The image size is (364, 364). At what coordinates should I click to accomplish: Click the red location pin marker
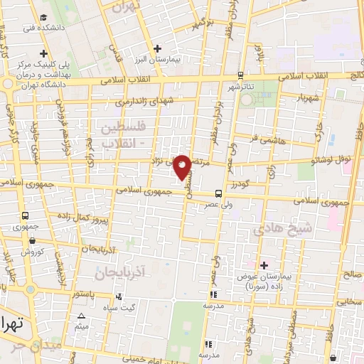[x=183, y=166]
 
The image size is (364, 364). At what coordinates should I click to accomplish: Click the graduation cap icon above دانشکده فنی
[x=44, y=17]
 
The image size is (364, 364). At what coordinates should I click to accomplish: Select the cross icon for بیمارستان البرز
[x=158, y=48]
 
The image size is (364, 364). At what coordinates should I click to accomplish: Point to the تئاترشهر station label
[x=241, y=87]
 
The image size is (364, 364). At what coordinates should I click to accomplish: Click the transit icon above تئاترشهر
[x=240, y=75]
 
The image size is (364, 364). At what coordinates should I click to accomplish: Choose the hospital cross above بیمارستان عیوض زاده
[x=263, y=265]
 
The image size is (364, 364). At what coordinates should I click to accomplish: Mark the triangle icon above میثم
[x=82, y=316]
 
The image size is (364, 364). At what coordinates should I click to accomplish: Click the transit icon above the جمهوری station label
[x=26, y=215]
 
